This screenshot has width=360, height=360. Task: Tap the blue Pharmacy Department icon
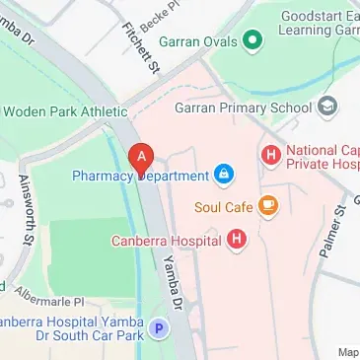(224, 176)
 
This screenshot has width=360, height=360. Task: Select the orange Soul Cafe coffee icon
(268, 206)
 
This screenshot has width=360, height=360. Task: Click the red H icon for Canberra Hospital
(236, 238)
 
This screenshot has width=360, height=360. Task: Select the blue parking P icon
(158, 325)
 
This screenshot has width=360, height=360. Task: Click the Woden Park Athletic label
(64, 111)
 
